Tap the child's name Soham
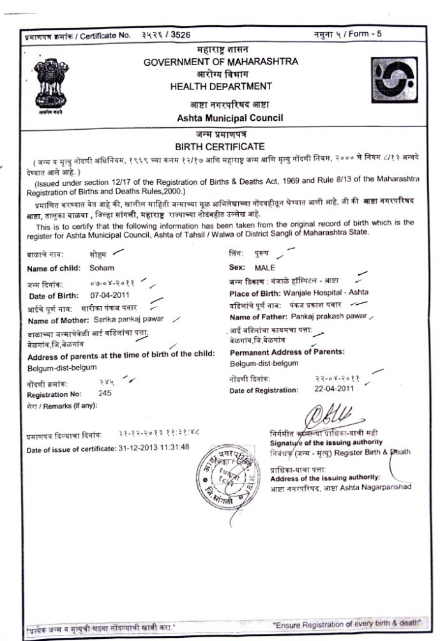(x=102, y=268)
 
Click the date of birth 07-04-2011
(x=111, y=295)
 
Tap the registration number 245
(x=105, y=393)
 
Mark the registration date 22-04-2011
(x=333, y=389)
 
